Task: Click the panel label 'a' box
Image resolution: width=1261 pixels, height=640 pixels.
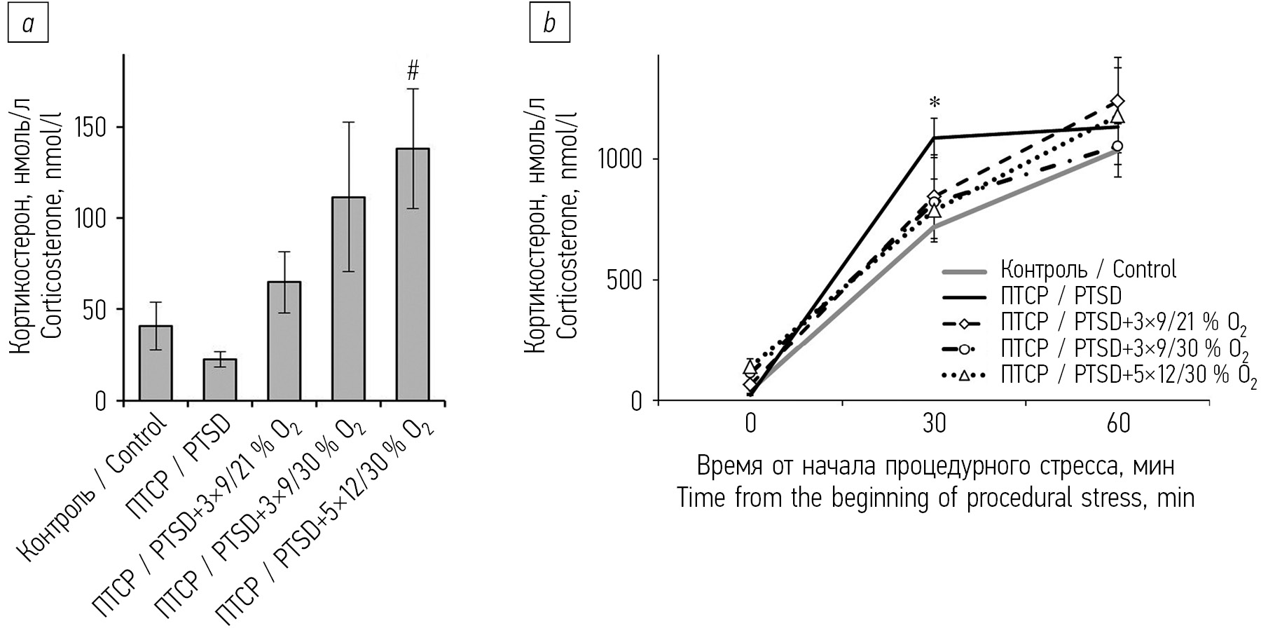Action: click(x=28, y=24)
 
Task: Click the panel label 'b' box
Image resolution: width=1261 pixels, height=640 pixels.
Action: click(x=550, y=24)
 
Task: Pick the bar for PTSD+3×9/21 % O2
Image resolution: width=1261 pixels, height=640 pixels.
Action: click(x=284, y=341)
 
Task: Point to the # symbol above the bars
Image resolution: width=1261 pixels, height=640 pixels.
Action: click(x=413, y=70)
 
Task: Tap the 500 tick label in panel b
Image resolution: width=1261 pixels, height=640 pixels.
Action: click(x=626, y=280)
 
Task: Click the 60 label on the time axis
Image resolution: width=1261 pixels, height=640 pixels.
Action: click(x=1118, y=425)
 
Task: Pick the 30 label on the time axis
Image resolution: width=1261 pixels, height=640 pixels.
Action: click(x=934, y=425)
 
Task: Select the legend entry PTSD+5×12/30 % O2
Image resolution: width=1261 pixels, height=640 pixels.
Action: click(x=1129, y=375)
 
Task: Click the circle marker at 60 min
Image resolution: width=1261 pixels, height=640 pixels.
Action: click(x=1118, y=146)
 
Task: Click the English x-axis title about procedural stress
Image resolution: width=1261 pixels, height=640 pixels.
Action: click(x=935, y=498)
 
